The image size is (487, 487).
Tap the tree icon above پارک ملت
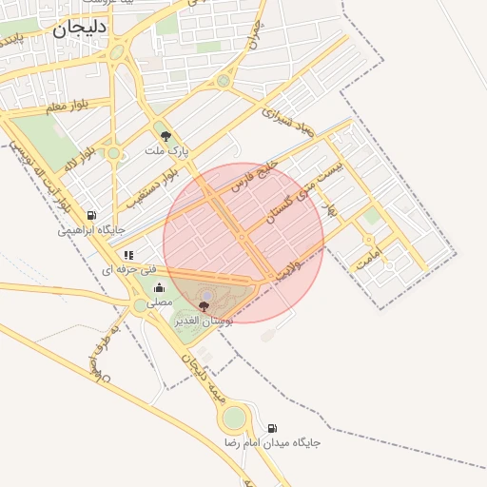(166, 136)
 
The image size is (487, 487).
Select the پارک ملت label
(167, 151)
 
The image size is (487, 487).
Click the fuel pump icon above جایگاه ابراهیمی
(91, 215)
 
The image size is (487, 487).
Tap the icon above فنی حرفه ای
(128, 255)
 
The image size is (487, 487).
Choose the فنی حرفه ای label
(127, 270)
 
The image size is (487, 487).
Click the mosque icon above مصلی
(158, 287)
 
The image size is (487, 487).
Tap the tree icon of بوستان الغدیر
(204, 306)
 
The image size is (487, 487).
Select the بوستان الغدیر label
(204, 321)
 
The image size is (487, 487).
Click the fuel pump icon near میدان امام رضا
(273, 428)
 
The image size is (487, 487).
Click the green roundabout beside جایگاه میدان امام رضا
(233, 418)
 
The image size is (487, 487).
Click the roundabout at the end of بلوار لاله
(113, 152)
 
